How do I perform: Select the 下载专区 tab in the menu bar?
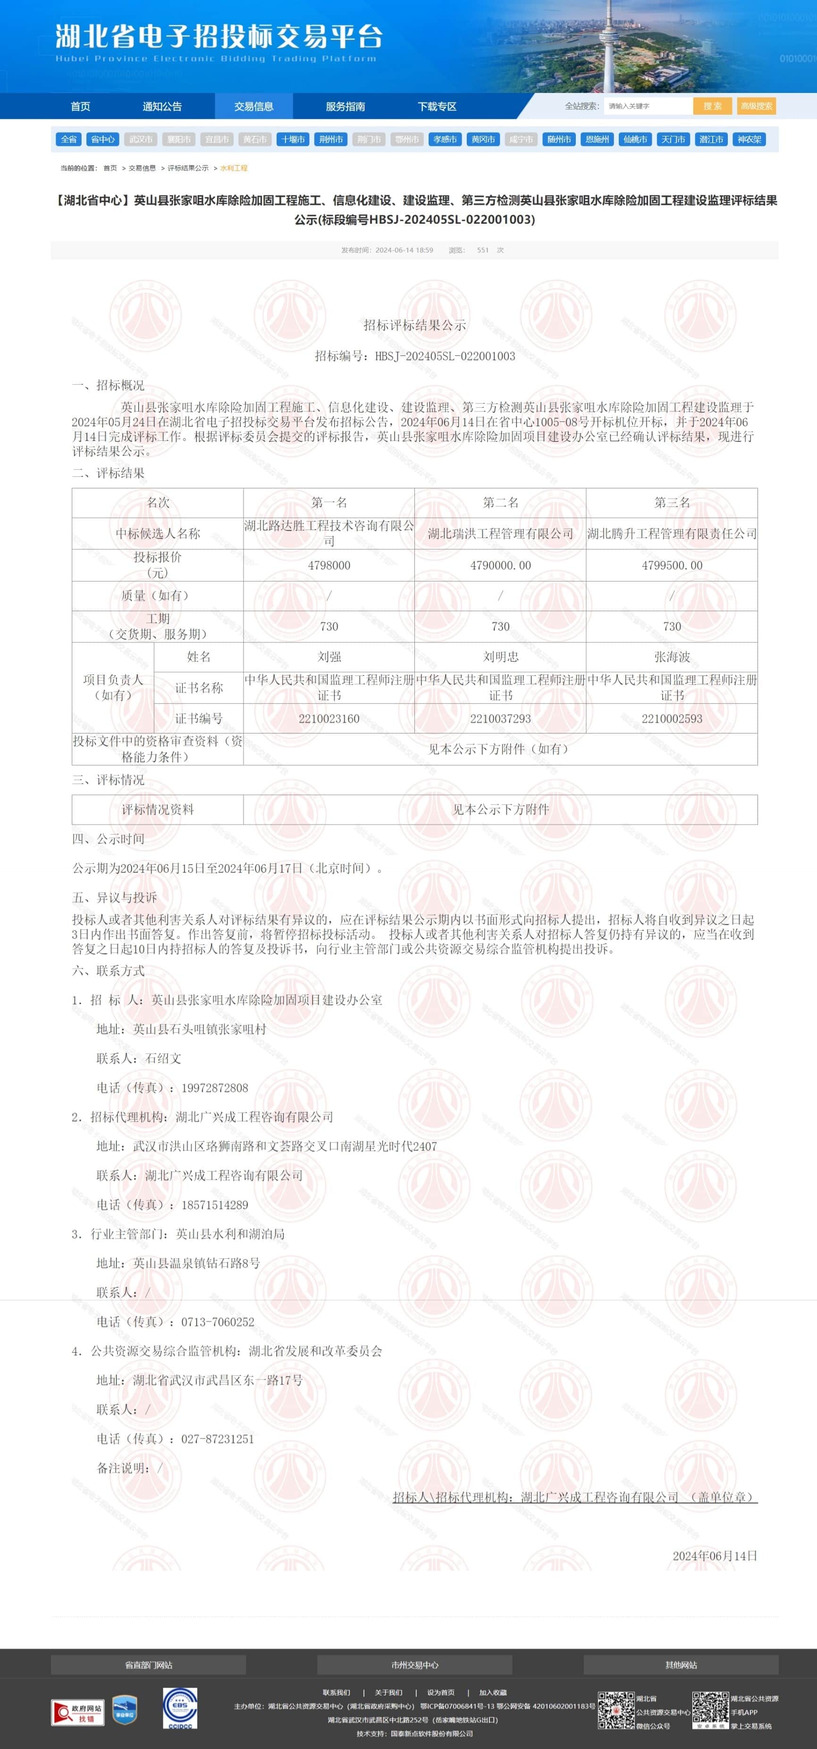pyautogui.click(x=437, y=107)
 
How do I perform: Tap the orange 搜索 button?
pyautogui.click(x=712, y=106)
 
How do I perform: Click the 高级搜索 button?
pyautogui.click(x=756, y=106)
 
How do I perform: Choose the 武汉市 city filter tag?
pyautogui.click(x=141, y=139)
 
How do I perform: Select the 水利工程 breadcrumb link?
pyautogui.click(x=234, y=168)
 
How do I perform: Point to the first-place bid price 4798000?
pyautogui.click(x=328, y=565)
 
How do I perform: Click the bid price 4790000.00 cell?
pyautogui.click(x=500, y=565)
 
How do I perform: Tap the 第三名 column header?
pyautogui.click(x=672, y=503)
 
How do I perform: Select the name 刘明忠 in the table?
pyautogui.click(x=500, y=656)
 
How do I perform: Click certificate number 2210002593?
pyautogui.click(x=672, y=718)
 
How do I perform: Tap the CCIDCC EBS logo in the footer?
pyautogui.click(x=180, y=1707)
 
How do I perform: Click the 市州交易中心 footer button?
pyautogui.click(x=414, y=1664)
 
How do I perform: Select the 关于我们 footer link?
pyautogui.click(x=388, y=1692)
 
